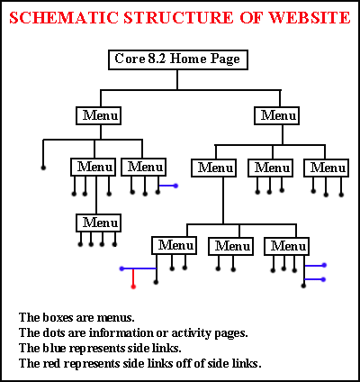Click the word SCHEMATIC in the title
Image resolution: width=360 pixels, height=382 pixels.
pos(64,18)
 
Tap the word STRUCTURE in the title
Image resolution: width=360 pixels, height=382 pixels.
pos(178,18)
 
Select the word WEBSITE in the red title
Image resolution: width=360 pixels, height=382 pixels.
pos(309,18)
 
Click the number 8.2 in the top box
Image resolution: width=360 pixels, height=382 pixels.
pos(157,59)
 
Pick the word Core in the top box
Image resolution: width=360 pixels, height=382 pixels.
pos(130,59)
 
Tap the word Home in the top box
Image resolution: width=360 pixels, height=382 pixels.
pos(188,59)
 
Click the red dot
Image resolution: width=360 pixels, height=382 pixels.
pos(133,286)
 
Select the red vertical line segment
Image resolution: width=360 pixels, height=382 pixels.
pos(133,277)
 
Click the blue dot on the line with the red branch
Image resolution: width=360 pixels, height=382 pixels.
pos(121,268)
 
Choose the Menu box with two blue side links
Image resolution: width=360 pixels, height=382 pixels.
pos(286,246)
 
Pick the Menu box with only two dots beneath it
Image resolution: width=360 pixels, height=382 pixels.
pos(230,246)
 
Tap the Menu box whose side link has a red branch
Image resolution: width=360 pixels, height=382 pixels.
pos(174,246)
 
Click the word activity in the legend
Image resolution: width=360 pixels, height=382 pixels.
pos(191,333)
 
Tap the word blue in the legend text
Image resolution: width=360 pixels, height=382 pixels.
pos(54,348)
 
